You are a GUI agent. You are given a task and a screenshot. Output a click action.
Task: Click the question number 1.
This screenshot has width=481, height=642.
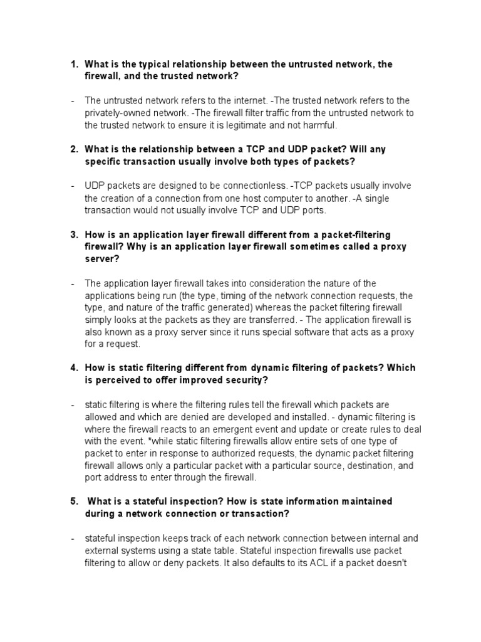coord(73,64)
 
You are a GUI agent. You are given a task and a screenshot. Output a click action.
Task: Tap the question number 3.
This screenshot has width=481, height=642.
coord(73,234)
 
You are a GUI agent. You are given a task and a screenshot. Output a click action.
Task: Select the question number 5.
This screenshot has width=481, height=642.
coord(73,502)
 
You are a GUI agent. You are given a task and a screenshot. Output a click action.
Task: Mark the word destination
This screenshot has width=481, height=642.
coord(348,466)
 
